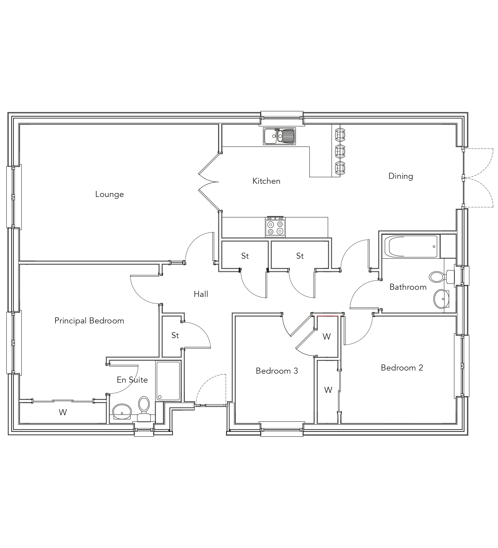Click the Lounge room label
pos(109,194)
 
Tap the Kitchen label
pos(266,181)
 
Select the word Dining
pos(401,176)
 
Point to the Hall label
pos(201,294)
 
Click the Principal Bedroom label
pos(89,321)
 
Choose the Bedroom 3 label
pos(276,371)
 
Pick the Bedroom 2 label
pos(402,368)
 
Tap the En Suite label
pos(132,380)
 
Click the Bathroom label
pos(408,287)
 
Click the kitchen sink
pos(279,136)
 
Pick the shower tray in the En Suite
pos(168,380)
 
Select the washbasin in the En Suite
pos(121,412)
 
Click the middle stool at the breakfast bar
pos(340,151)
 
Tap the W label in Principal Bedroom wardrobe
pos(63,412)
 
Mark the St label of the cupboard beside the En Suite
pos(175,336)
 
